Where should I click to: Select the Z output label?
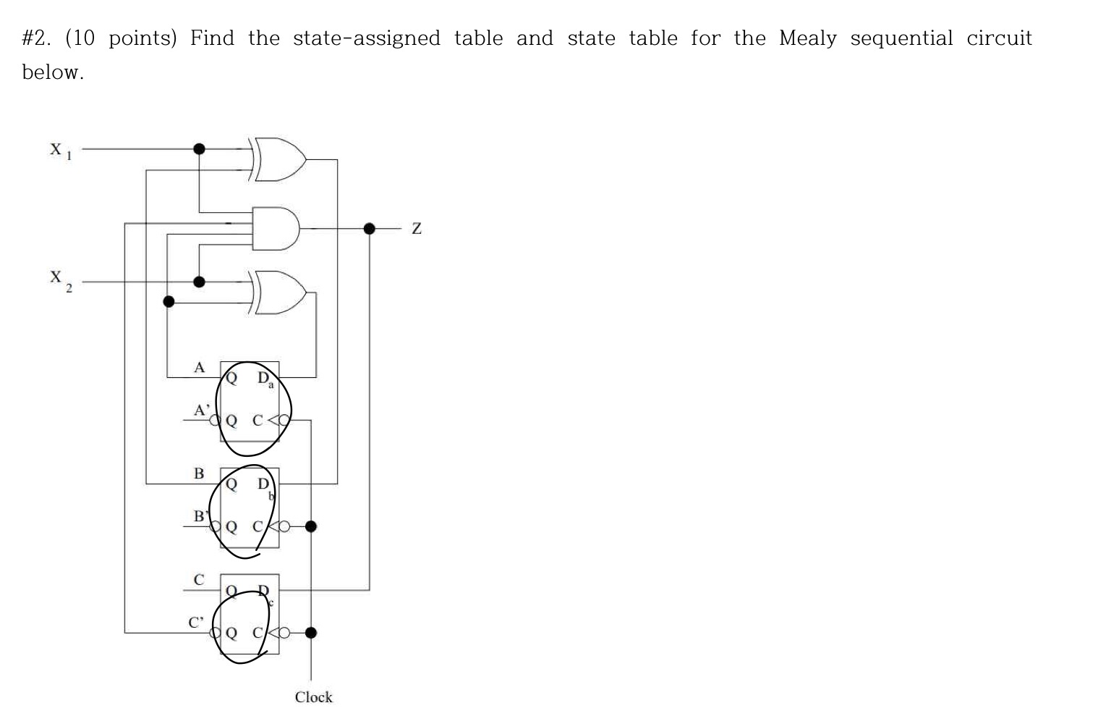tap(416, 229)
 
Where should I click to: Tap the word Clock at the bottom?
tap(313, 697)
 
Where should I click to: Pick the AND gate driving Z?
tap(276, 229)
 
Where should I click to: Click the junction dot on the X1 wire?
tap(199, 149)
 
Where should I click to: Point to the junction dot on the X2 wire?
tap(199, 282)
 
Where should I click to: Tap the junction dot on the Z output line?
tap(370, 229)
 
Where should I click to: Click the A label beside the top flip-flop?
tap(200, 368)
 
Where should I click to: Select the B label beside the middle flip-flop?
tap(199, 473)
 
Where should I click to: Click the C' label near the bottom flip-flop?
tap(196, 622)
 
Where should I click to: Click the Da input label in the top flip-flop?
tap(265, 379)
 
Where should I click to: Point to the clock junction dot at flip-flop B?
tap(311, 526)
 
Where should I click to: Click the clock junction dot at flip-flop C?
tap(311, 633)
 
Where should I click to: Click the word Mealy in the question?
tap(807, 38)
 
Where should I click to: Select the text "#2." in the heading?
tap(36, 38)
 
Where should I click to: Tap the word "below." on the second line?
tap(53, 72)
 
